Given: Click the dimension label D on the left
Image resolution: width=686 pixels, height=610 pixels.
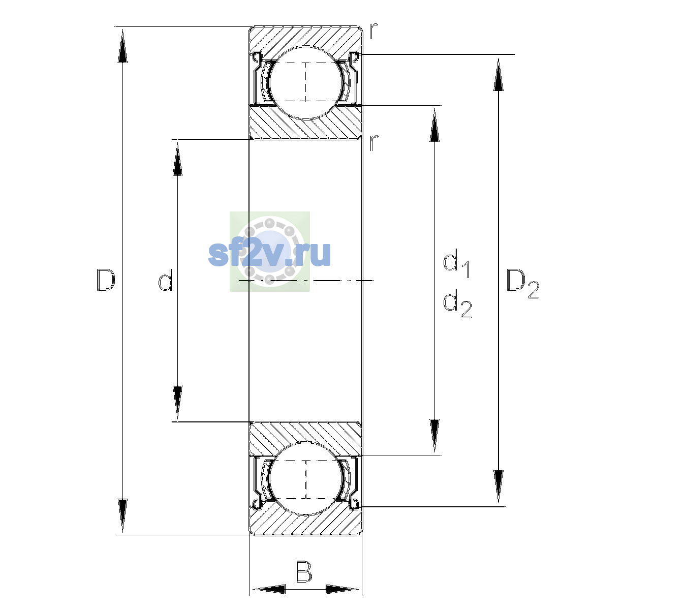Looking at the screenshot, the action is click(106, 280).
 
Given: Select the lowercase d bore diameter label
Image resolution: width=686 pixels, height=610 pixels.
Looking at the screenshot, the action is click(166, 280).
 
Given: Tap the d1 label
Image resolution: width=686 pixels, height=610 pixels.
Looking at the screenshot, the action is click(456, 263).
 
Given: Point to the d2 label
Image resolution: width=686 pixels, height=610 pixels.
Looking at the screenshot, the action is click(457, 303).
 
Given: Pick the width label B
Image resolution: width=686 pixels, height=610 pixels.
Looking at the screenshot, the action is click(303, 571).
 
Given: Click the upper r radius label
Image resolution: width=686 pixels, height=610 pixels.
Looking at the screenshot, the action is click(373, 31).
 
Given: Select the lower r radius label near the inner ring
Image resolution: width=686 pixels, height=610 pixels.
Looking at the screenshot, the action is click(373, 143).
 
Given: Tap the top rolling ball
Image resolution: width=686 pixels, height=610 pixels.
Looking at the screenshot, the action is click(306, 83).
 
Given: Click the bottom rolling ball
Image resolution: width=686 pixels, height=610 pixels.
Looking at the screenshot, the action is click(306, 479).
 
